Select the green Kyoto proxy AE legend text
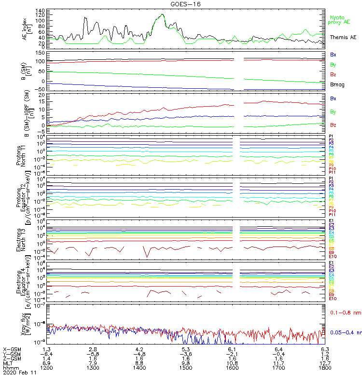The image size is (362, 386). [x=340, y=20]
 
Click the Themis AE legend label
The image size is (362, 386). [x=343, y=37]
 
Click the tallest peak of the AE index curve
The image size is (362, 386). [x=162, y=14]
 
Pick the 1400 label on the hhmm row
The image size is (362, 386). [x=139, y=367]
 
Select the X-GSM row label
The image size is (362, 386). [x=12, y=348]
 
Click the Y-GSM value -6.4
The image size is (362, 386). [x=46, y=353]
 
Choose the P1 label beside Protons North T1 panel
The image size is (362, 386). [x=332, y=137]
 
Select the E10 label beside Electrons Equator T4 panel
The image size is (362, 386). [x=333, y=299]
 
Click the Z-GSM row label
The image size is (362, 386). [x=12, y=358]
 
